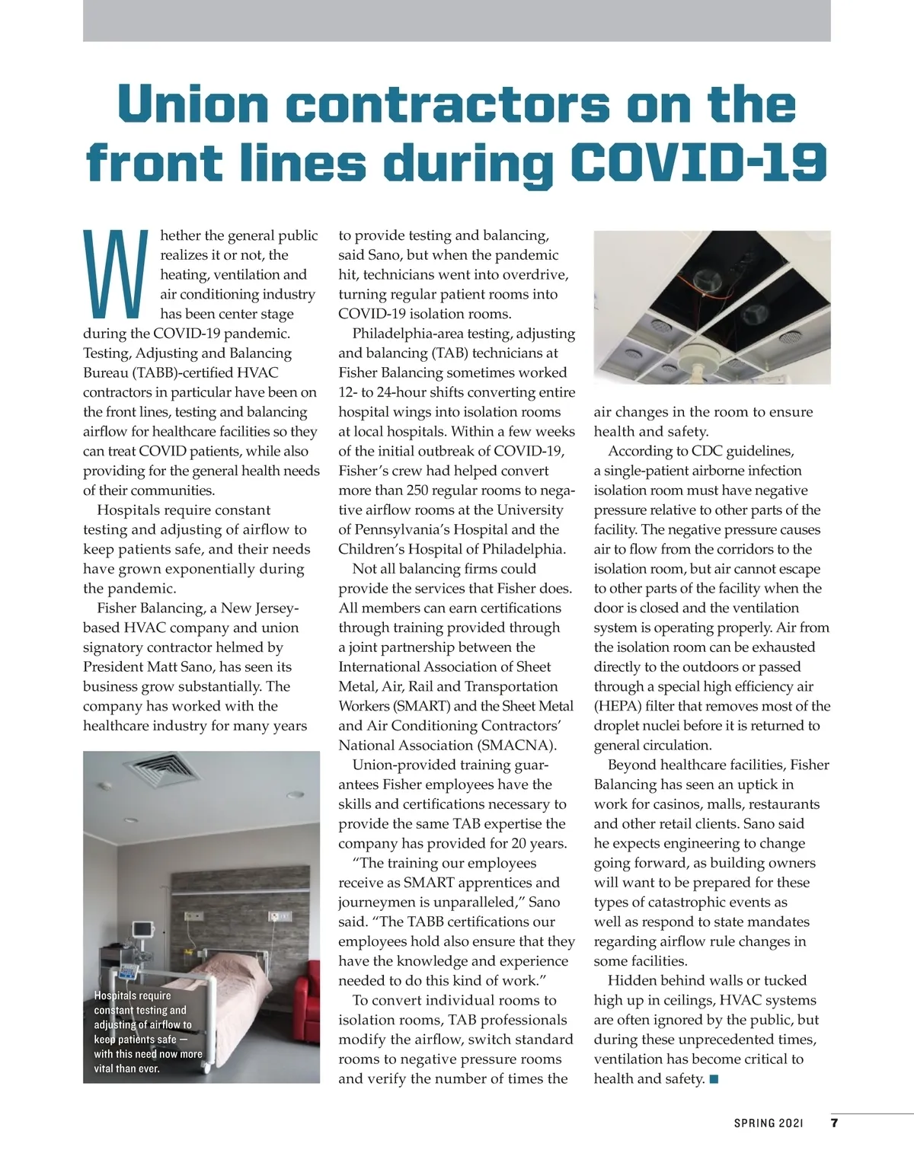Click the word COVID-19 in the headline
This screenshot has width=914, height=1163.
[699, 161]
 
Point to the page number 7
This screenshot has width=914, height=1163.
[834, 1123]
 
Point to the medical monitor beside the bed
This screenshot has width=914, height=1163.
[142, 930]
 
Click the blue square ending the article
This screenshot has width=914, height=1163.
[714, 1078]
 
